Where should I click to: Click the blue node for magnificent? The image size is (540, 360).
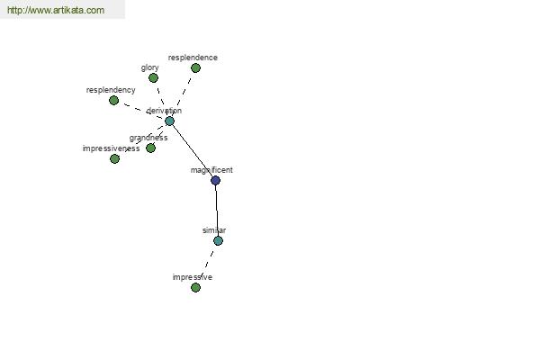(215, 180)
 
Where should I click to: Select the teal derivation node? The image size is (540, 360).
(169, 121)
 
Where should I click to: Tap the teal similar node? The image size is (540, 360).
(218, 241)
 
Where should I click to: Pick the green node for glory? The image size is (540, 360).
(153, 78)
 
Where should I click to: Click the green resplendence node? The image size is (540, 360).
(195, 67)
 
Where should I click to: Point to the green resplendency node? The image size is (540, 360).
(113, 100)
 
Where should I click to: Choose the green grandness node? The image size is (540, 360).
(150, 148)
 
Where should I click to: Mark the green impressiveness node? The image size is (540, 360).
(114, 158)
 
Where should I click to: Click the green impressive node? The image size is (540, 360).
(195, 287)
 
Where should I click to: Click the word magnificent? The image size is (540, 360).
(211, 170)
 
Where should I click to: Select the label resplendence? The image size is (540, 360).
(193, 58)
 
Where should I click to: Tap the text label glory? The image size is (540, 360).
(149, 67)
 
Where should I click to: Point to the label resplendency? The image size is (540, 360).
(111, 90)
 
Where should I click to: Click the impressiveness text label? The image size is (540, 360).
(111, 148)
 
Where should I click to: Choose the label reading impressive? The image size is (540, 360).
(193, 277)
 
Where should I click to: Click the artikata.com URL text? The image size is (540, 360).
(56, 10)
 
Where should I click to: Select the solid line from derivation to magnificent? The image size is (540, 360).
(193, 150)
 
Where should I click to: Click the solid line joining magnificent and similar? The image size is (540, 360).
(217, 211)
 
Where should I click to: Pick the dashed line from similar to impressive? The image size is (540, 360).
(207, 264)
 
